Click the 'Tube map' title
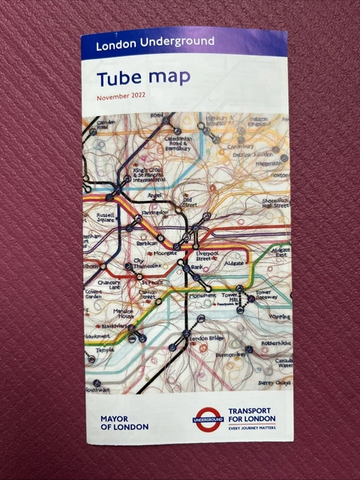(143, 77)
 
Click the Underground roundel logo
(207, 418)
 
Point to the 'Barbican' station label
(147, 243)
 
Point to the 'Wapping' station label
(280, 317)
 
